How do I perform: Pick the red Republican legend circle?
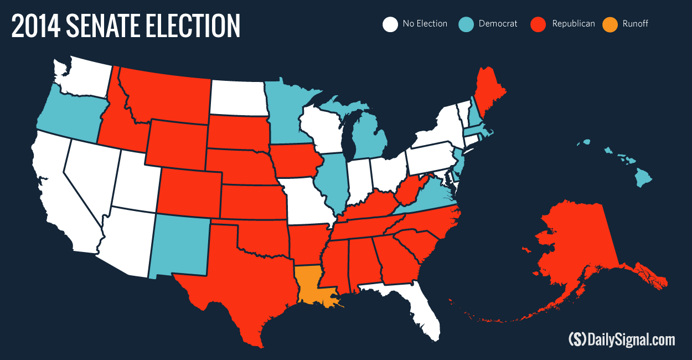click(x=538, y=24)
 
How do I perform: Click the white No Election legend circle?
click(x=390, y=24)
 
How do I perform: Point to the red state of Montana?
click(x=166, y=94)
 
